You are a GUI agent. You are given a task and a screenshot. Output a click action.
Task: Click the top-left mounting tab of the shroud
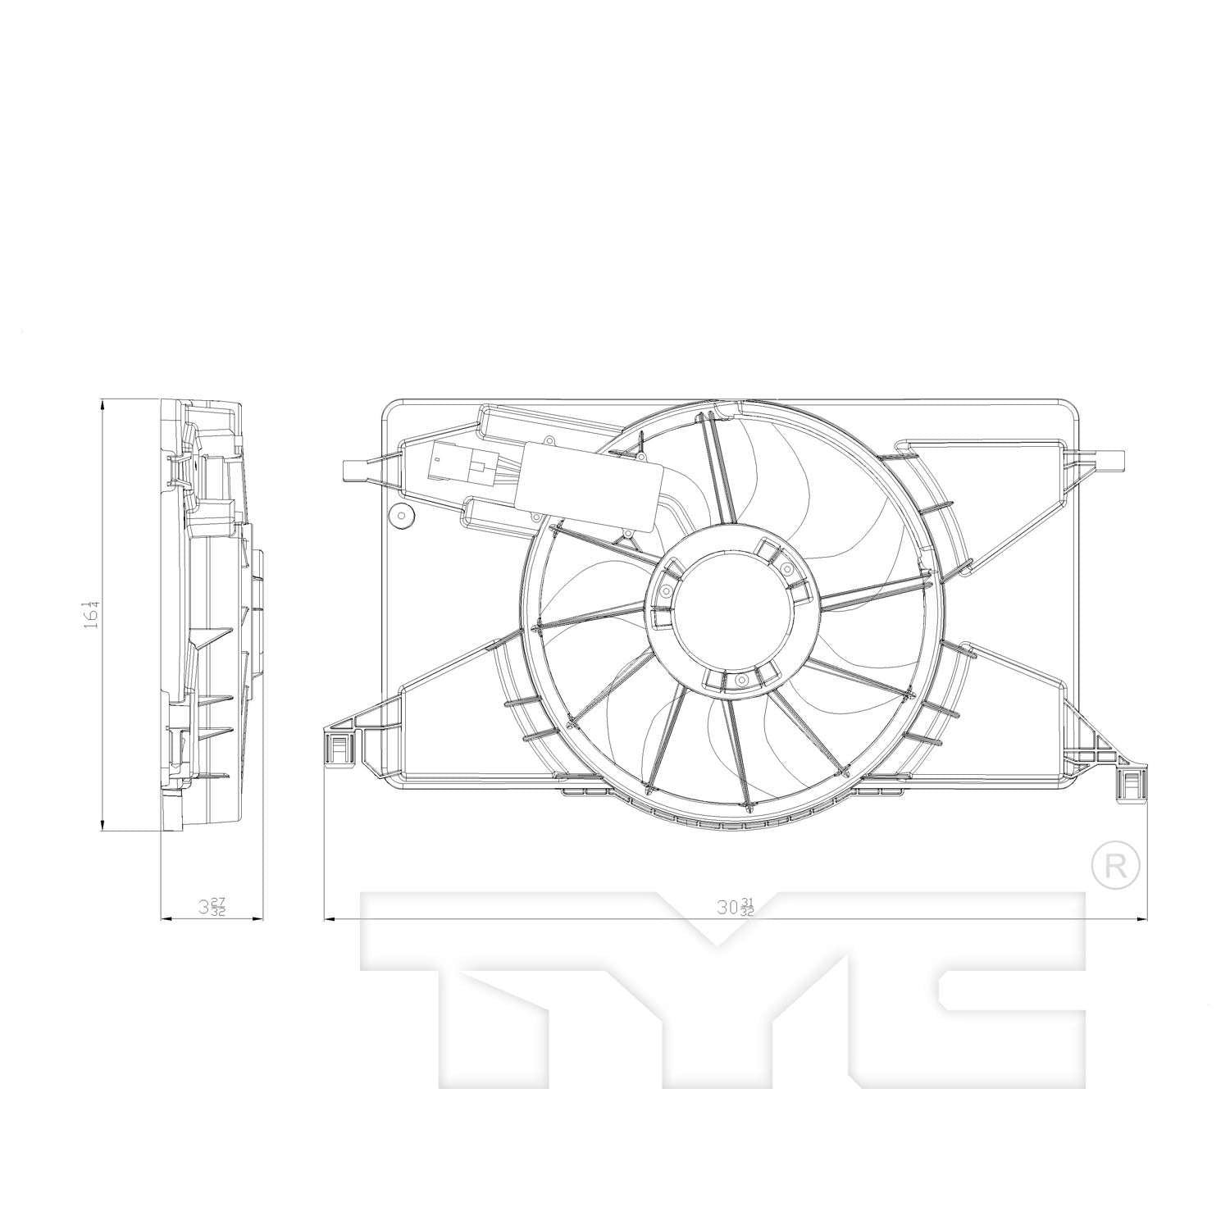click(x=353, y=470)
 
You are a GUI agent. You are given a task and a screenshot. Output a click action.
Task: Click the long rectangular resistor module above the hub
click(x=592, y=485)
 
